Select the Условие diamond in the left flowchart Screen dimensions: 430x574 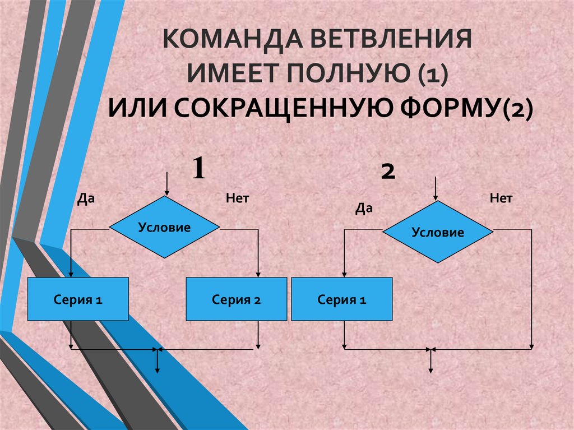coord(164,227)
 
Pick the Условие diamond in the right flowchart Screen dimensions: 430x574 coord(438,232)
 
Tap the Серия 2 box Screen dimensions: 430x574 coord(236,299)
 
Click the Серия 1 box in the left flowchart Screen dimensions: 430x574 coord(78,299)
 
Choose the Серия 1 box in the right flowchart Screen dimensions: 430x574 coord(342,300)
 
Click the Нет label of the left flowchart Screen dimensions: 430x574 coord(237,198)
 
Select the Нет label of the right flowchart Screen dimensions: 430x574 coord(501,198)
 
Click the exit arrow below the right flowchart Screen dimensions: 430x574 coord(430,362)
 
